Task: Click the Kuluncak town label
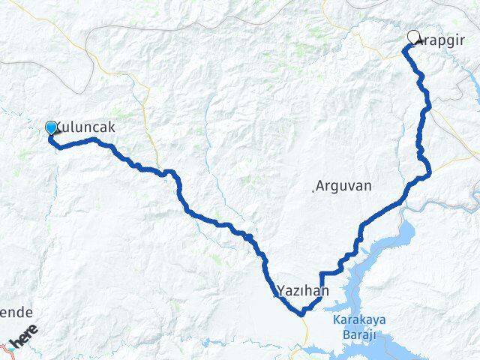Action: coord(85,127)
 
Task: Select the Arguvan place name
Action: coord(344,185)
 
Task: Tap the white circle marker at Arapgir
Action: coord(414,36)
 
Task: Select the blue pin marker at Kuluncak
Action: coord(51,128)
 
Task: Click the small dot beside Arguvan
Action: coord(313,190)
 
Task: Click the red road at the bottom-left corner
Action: coord(6,347)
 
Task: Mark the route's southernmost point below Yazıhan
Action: coord(302,314)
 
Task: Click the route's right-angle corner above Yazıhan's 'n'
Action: coord(322,274)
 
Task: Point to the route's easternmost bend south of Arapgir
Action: coord(430,175)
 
